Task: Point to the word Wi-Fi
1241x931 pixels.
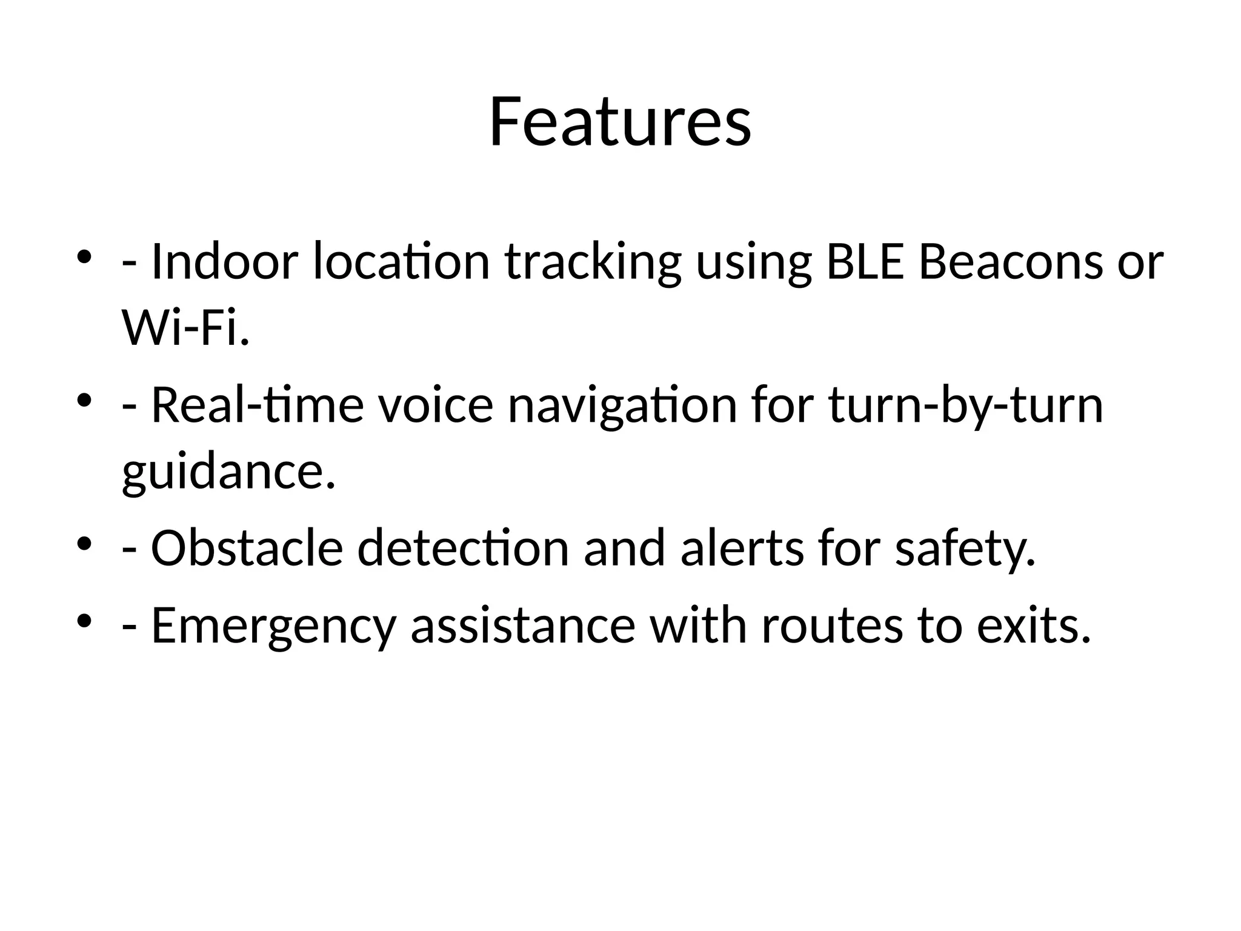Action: (x=185, y=328)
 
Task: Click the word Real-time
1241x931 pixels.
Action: (x=257, y=405)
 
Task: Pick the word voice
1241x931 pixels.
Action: (x=436, y=405)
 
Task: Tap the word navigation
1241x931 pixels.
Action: (x=622, y=406)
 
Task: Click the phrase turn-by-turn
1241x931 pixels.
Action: (x=965, y=406)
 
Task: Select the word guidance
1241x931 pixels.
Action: (x=228, y=472)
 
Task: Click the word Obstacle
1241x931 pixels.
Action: (x=247, y=548)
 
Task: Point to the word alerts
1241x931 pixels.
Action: (x=742, y=548)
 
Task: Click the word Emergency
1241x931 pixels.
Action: (x=273, y=626)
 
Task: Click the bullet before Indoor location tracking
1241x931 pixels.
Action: (x=84, y=258)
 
